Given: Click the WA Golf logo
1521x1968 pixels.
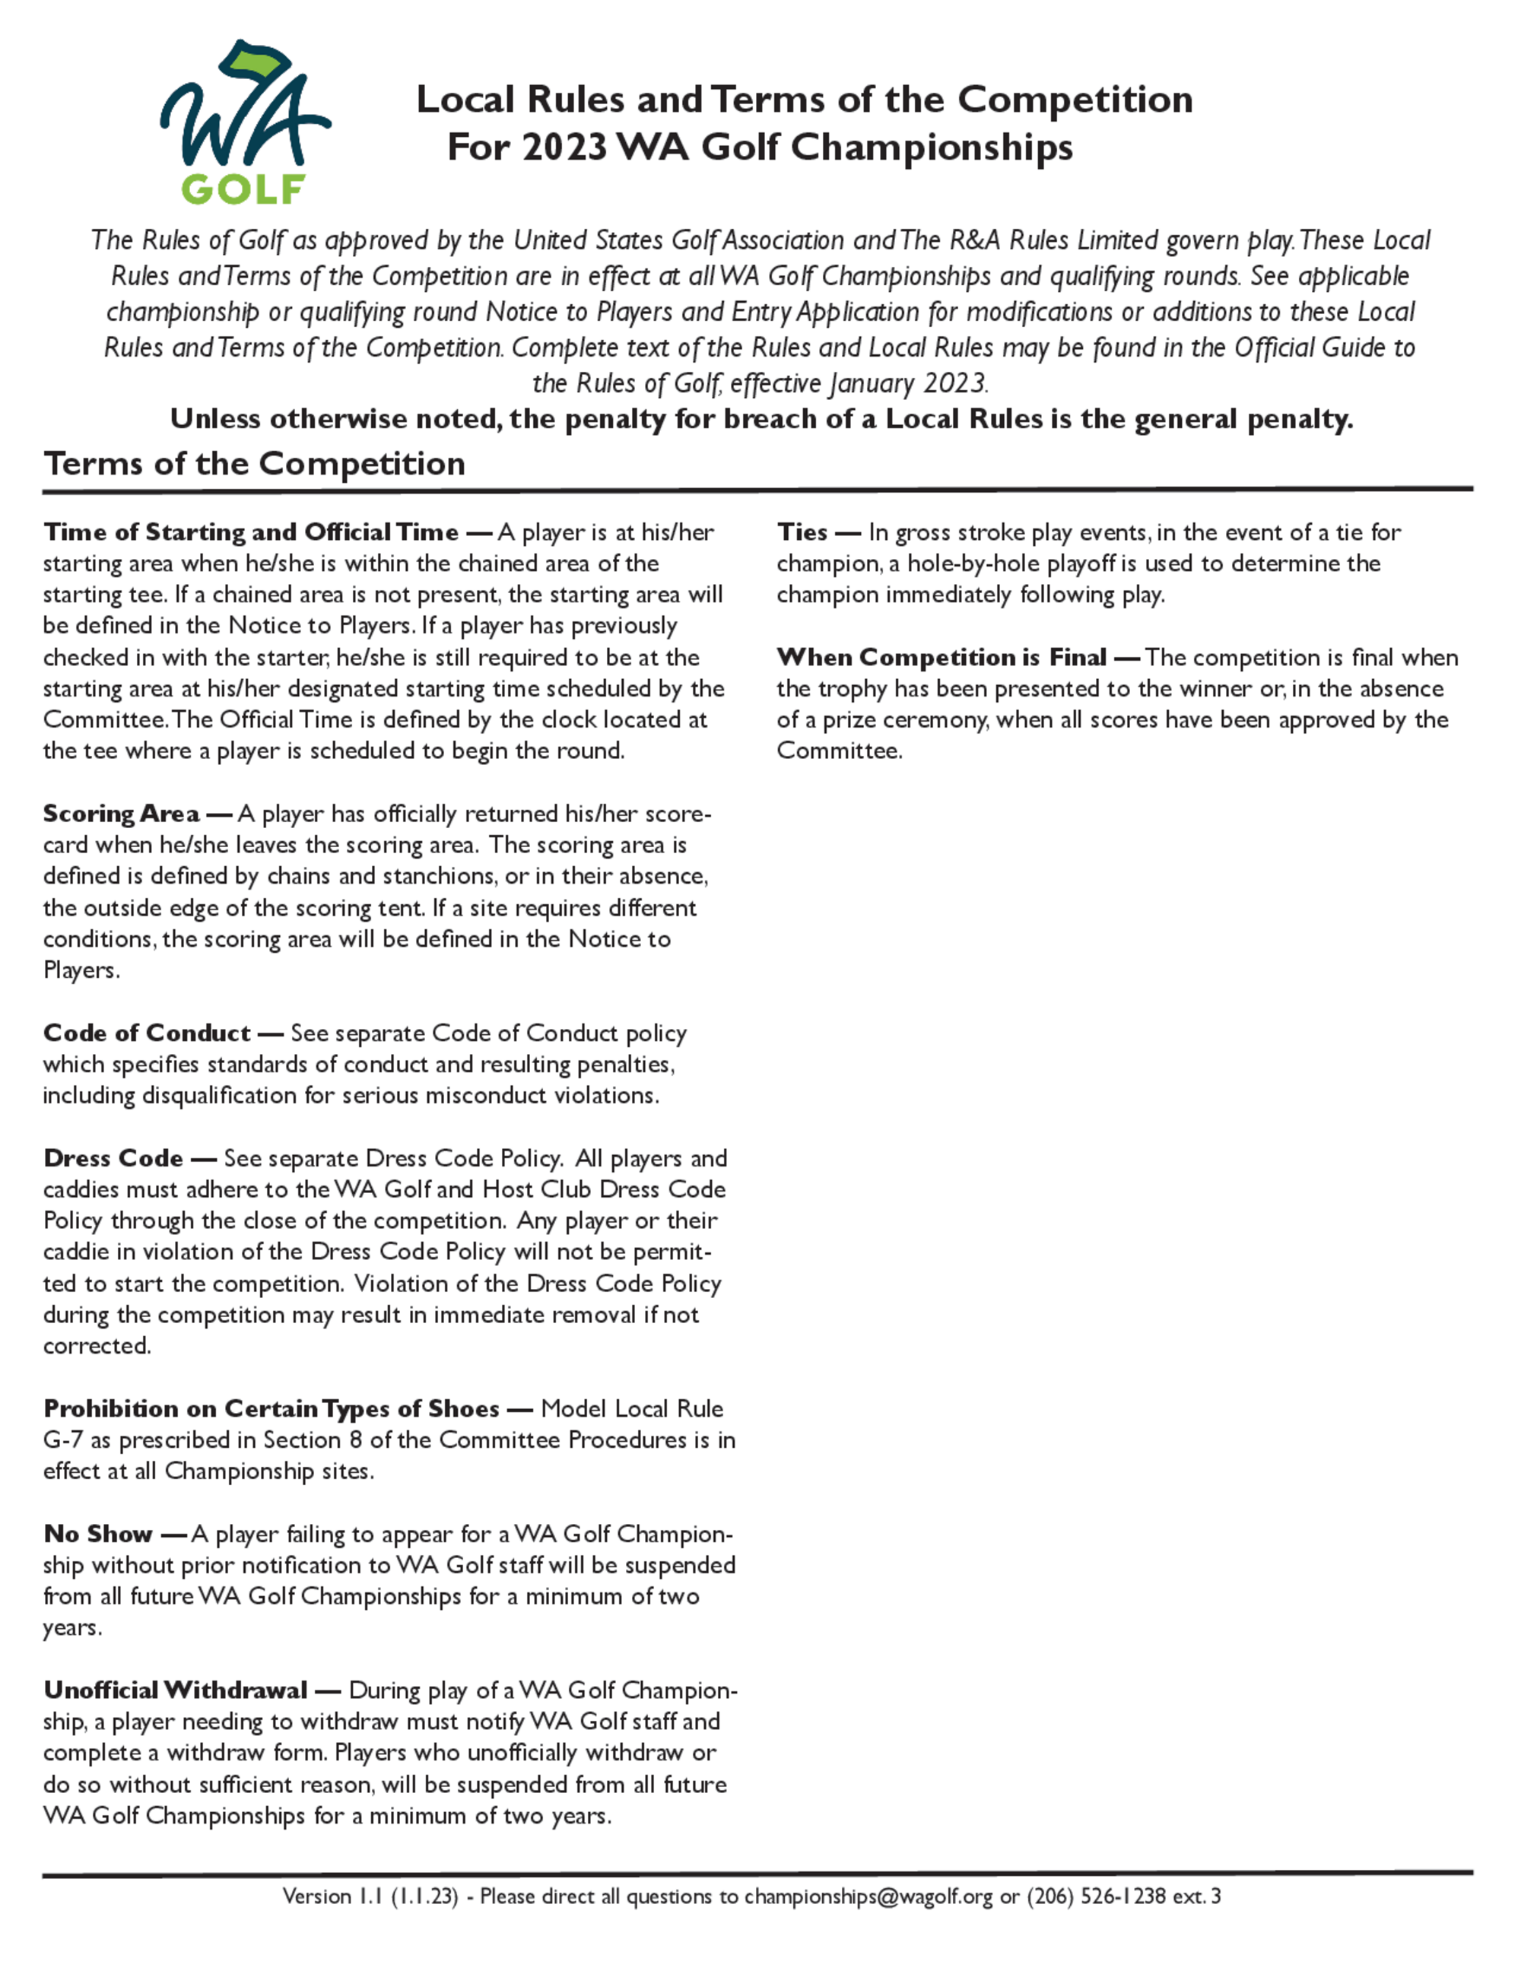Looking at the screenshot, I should click(244, 122).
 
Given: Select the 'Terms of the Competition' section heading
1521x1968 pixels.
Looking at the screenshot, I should click(254, 463).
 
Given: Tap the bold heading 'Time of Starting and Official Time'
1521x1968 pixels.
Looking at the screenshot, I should click(250, 532).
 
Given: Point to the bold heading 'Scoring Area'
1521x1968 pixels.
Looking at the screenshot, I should click(121, 814).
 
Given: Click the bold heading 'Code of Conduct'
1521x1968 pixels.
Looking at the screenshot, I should click(147, 1033).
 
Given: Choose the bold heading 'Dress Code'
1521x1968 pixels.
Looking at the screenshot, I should click(113, 1158).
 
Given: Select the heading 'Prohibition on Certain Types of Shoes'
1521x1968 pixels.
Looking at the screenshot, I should click(271, 1408).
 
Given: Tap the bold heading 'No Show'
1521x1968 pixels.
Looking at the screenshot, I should click(98, 1534).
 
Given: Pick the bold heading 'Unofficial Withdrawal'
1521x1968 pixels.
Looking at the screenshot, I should click(176, 1690).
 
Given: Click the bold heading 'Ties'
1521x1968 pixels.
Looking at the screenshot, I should click(802, 532).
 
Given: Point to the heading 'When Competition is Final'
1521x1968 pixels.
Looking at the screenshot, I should click(941, 658).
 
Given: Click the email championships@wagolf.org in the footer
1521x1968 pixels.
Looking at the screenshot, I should click(868, 1897).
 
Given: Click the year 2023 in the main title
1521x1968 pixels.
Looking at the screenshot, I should click(564, 147).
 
